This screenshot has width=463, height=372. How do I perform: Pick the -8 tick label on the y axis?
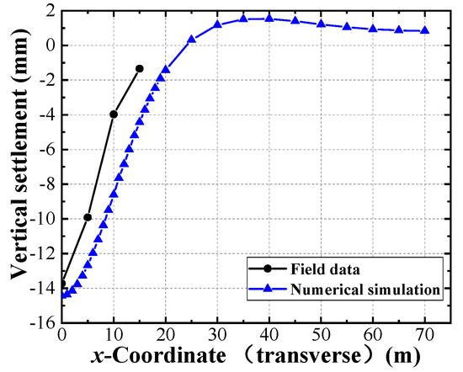pyautogui.click(x=45, y=183)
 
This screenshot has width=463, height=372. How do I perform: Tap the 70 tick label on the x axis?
pyautogui.click(x=424, y=335)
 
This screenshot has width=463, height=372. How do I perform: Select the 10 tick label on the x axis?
pyautogui.click(x=114, y=335)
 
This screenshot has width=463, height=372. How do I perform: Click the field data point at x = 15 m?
pyautogui.click(x=139, y=68)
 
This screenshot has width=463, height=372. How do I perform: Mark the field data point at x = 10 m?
pyautogui.click(x=114, y=114)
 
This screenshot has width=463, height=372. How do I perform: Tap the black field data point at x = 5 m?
pyautogui.click(x=88, y=217)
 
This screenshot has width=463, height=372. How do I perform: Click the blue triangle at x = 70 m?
pyautogui.click(x=424, y=30)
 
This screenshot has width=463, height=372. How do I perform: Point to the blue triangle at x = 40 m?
pyautogui.click(x=269, y=18)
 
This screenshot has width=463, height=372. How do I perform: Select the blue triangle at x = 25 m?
pyautogui.click(x=191, y=39)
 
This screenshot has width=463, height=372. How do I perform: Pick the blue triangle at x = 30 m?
pyautogui.click(x=217, y=24)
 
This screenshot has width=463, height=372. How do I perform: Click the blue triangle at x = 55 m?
pyautogui.click(x=347, y=26)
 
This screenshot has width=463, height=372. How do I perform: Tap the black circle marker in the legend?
pyautogui.click(x=267, y=270)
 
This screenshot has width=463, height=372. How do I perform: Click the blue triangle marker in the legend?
pyautogui.click(x=267, y=289)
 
